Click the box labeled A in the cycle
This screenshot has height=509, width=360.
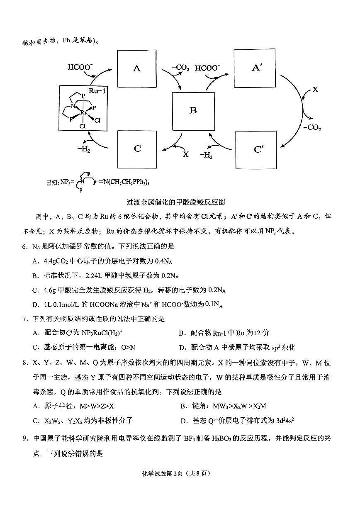click(137, 68)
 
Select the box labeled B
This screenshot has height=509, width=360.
click(193, 110)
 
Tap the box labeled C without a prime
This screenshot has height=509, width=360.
click(137, 149)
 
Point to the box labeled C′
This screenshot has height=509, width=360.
click(256, 149)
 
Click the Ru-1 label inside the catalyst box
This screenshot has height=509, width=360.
click(96, 90)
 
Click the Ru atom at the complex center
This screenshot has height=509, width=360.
click(84, 112)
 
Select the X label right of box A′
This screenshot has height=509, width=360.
click(315, 89)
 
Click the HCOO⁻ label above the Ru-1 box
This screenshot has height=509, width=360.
click(80, 67)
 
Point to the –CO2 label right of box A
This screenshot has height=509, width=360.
click(180, 68)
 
